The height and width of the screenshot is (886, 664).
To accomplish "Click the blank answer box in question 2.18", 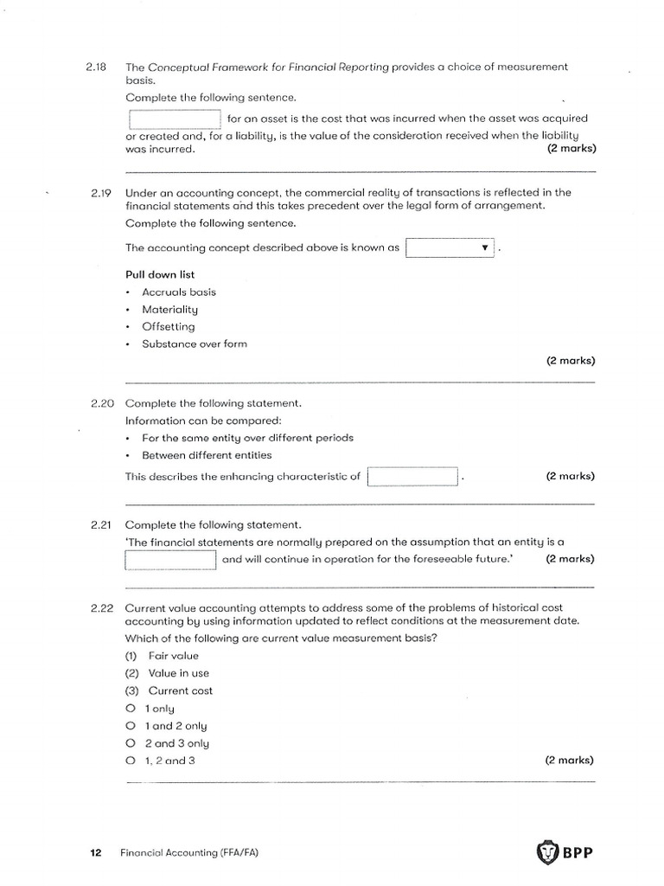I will [175, 119].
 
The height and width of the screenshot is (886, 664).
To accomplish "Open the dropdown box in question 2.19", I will [450, 248].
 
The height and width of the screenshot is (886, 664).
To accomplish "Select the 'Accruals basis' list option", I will [179, 292].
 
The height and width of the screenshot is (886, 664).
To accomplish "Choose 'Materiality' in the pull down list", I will [169, 310].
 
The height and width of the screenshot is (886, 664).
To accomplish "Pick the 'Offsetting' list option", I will [169, 327].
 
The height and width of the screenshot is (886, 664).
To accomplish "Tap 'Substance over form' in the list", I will [195, 344].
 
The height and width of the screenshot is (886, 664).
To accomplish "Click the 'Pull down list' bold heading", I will [160, 275].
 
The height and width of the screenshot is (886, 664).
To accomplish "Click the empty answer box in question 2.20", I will [412, 477].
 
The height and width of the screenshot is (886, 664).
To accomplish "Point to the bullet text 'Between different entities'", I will [207, 455].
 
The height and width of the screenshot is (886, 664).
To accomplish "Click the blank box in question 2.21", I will [170, 560].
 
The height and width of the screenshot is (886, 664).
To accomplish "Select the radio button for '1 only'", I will [131, 709].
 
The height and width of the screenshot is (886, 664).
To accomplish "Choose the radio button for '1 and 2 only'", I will [131, 726].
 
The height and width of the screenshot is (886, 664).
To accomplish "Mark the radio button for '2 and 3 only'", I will [131, 743].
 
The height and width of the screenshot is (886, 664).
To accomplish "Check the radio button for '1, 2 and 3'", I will [131, 761].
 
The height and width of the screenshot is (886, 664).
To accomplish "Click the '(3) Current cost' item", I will [169, 690].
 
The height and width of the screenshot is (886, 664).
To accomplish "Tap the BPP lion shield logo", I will [547, 852].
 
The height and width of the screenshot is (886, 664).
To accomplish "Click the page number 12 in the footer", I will [95, 853].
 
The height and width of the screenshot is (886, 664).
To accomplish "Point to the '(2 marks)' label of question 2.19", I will [570, 361].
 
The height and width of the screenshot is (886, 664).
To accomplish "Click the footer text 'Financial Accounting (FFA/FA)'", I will [189, 853].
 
